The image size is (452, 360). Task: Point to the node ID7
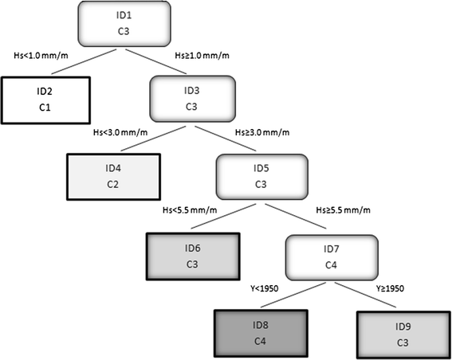(331, 256)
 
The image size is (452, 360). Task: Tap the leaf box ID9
(400, 335)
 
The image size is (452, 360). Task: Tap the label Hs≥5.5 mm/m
(342, 211)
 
